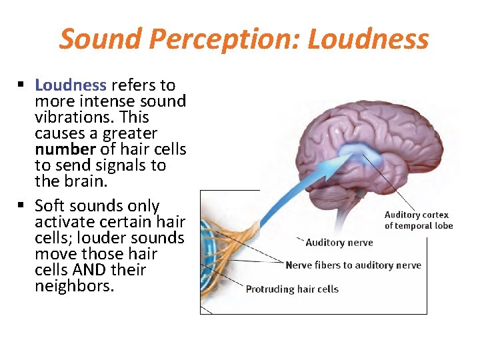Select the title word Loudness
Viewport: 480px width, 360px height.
pos(368,39)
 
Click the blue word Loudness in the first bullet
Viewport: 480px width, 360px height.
pos(71,85)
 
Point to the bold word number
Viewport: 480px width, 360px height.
pos(65,149)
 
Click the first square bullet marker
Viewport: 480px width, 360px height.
pos(21,85)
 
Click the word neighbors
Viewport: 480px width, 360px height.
pos(75,286)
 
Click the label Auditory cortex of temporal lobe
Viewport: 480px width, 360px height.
pos(419,220)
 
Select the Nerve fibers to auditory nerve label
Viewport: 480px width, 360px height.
pos(353,265)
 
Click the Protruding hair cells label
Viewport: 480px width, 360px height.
pos(292,289)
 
